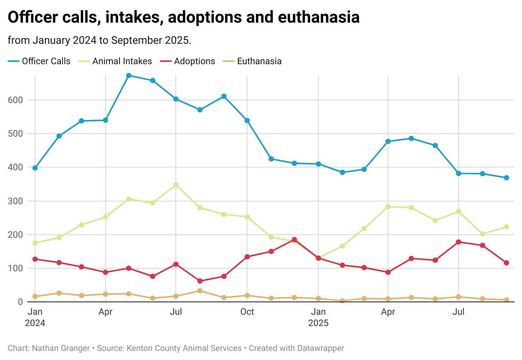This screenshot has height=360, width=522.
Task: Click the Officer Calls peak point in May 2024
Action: pyautogui.click(x=129, y=75)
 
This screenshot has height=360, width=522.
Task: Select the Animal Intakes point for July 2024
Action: pyautogui.click(x=176, y=185)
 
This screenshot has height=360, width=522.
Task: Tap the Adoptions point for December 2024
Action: pyautogui.click(x=294, y=240)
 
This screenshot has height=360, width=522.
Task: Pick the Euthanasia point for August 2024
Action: pyautogui.click(x=200, y=291)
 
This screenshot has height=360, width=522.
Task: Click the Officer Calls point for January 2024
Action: pyautogui.click(x=35, y=168)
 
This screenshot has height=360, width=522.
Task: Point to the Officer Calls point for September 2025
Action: pyautogui.click(x=507, y=178)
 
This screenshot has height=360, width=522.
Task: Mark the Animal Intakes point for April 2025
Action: pyautogui.click(x=388, y=207)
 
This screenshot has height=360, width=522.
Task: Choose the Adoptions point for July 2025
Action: pyautogui.click(x=459, y=242)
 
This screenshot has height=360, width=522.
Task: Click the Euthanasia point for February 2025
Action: pyautogui.click(x=342, y=301)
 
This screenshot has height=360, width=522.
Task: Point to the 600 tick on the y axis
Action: pyautogui.click(x=15, y=100)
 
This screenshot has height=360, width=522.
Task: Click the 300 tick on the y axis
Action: pyautogui.click(x=15, y=201)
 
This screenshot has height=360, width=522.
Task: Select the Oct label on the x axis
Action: pyautogui.click(x=247, y=312)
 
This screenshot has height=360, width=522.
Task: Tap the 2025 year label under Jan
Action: pyautogui.click(x=318, y=323)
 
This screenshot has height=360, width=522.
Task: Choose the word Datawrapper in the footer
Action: pyautogui.click(x=321, y=348)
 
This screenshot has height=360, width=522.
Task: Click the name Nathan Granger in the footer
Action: pyautogui.click(x=61, y=348)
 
